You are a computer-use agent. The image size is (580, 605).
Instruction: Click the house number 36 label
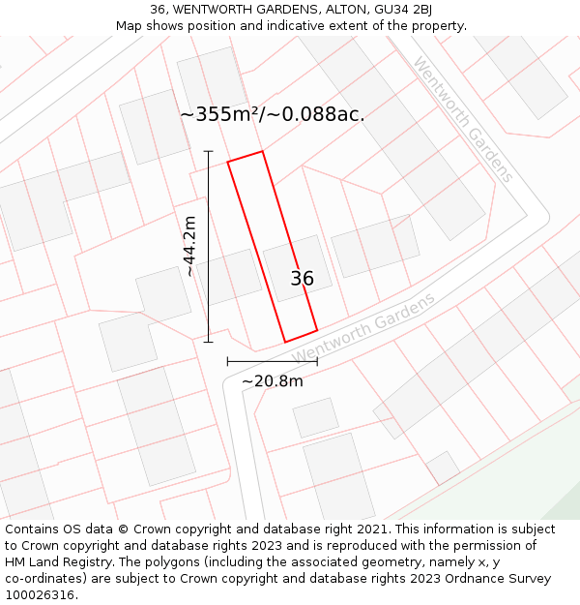(x=302, y=279)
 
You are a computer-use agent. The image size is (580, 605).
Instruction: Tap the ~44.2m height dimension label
(x=189, y=246)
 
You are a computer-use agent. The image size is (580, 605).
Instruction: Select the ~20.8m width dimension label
(x=272, y=380)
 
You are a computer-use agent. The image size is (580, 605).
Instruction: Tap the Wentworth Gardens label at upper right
(x=462, y=119)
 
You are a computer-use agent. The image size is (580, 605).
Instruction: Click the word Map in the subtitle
(x=130, y=26)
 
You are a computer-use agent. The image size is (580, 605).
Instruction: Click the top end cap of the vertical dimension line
(x=208, y=151)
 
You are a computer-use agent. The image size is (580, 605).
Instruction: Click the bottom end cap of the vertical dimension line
(x=208, y=342)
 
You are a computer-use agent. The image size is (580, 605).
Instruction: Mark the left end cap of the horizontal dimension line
(x=227, y=361)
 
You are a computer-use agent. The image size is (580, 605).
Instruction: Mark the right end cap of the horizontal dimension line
(x=317, y=361)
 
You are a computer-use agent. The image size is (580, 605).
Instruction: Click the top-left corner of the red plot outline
(x=228, y=162)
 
